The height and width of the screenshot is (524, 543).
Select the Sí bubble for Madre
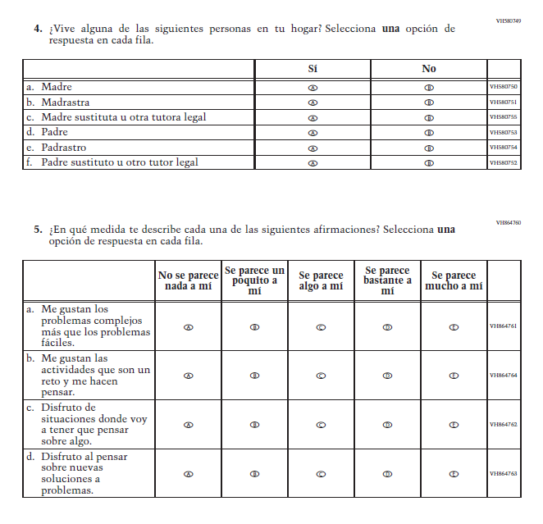click(313, 88)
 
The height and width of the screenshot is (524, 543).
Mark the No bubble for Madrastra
click(429, 103)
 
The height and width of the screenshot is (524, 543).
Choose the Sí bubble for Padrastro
click(313, 148)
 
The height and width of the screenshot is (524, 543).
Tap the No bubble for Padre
click(429, 133)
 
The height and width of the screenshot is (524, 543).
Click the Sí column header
click(313, 69)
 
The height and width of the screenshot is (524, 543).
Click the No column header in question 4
click(429, 69)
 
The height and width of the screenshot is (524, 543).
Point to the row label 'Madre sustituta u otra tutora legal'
click(123, 117)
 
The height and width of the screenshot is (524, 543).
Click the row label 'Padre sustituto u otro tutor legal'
click(119, 162)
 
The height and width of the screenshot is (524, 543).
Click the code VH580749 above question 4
click(509, 21)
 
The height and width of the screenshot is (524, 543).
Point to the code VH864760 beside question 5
click(509, 222)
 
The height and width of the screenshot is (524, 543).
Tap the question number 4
click(38, 28)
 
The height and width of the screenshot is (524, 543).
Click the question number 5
click(38, 230)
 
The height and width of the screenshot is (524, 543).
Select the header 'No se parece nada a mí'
click(189, 280)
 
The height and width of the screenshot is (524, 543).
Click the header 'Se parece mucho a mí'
click(454, 280)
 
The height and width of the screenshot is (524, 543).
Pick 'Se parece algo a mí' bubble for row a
click(321, 326)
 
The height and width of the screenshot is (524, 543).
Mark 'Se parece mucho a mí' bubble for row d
click(454, 474)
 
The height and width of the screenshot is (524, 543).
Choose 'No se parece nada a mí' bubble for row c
click(189, 425)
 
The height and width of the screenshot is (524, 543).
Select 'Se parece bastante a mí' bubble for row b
click(387, 376)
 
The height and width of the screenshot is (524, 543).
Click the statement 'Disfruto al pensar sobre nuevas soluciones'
click(86, 473)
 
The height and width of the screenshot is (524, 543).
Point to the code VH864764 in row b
click(504, 376)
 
